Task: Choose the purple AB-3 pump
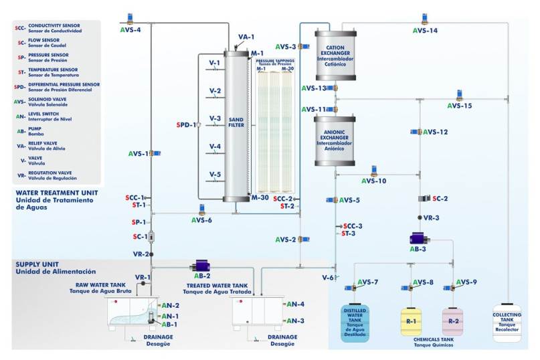(x=420, y=239)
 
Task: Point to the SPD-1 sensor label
(x=186, y=124)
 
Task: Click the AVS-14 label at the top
(x=425, y=31)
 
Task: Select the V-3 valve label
(x=215, y=118)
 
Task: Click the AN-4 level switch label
(x=295, y=304)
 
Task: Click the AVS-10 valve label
(x=374, y=181)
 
